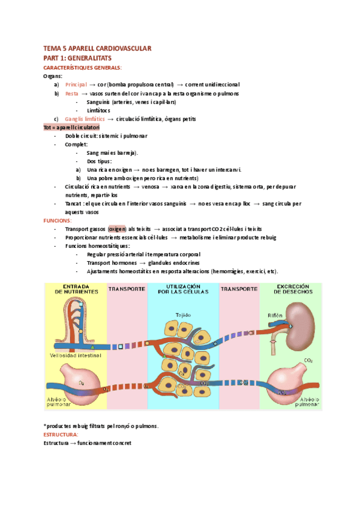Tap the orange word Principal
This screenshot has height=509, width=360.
pos(76,85)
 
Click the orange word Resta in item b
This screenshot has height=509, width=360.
pos(71,94)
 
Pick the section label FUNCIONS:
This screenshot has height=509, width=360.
pos(58,221)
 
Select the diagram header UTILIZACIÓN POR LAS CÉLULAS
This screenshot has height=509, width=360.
pos(182,289)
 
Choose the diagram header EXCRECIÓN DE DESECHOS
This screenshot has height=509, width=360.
pos(289,289)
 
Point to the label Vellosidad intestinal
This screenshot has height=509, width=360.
pos(76,355)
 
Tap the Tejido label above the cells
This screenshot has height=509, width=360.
pos(184,315)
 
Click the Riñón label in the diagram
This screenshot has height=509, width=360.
pos(274,316)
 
